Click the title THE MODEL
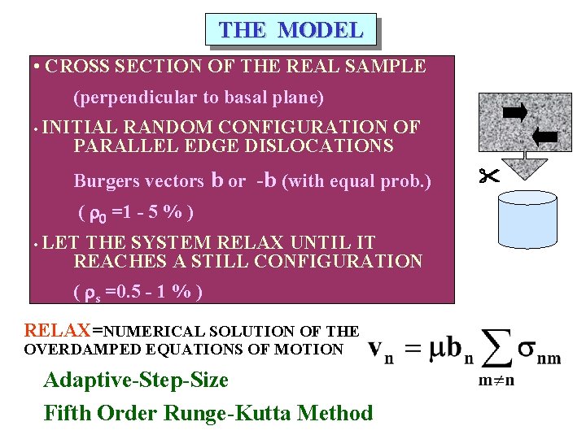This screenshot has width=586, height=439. pyautogui.click(x=291, y=30)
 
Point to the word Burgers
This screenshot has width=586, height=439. pyautogui.click(x=105, y=181)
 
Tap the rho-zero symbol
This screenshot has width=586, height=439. pyautogui.click(x=97, y=215)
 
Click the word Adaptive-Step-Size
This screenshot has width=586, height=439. pyautogui.click(x=136, y=380)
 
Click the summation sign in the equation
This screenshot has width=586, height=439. pyautogui.click(x=491, y=345)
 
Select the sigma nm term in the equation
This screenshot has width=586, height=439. pyautogui.click(x=539, y=351)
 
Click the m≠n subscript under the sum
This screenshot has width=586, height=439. pyautogui.click(x=491, y=380)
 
